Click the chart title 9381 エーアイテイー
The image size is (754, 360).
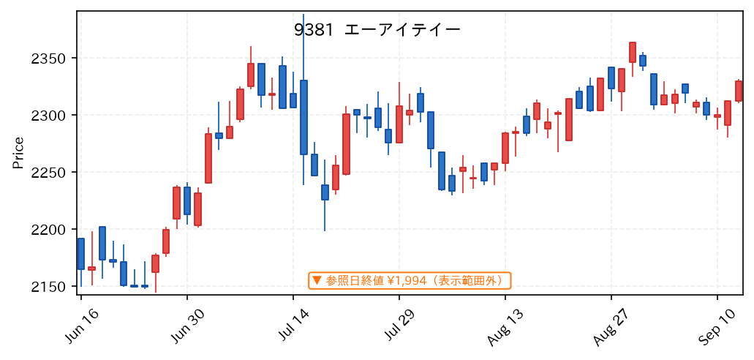[377, 30]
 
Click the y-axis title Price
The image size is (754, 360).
[18, 153]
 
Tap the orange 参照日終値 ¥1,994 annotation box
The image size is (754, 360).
[410, 280]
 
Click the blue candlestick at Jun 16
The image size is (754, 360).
[80, 254]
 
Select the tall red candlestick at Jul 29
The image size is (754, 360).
[399, 124]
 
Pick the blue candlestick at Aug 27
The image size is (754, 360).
[611, 78]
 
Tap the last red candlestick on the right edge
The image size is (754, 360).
[739, 91]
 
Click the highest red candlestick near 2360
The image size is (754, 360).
[633, 53]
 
